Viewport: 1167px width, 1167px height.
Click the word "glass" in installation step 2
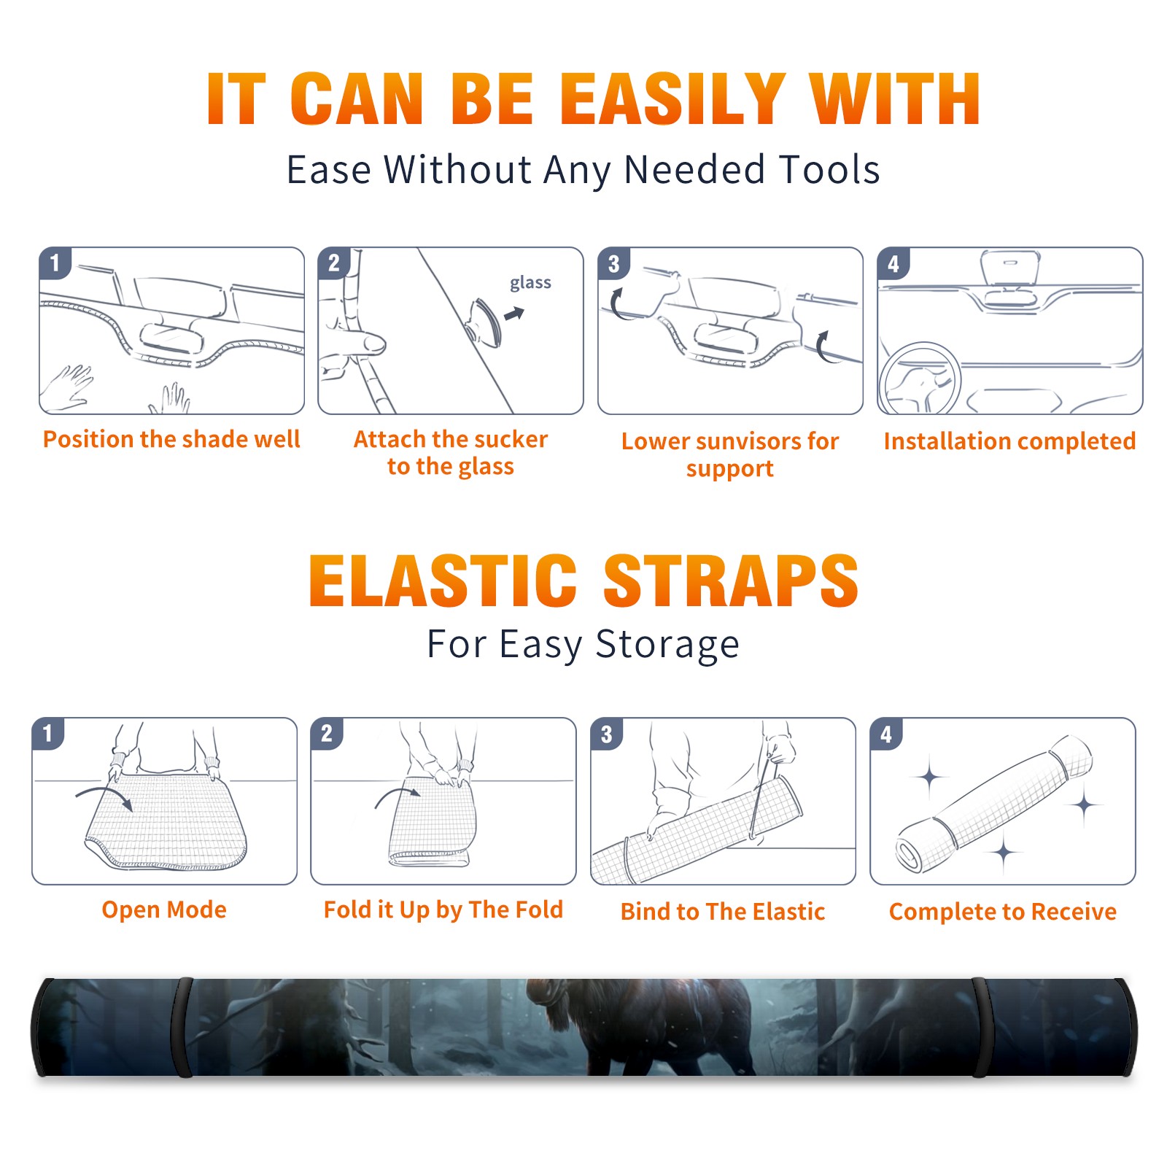[x=530, y=283]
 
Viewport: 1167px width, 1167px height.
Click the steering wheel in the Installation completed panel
[x=919, y=379]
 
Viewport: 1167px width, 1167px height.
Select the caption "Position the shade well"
[x=171, y=439]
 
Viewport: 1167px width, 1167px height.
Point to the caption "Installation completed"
[x=1009, y=441]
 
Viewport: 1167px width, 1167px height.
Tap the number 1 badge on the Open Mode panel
[x=48, y=733]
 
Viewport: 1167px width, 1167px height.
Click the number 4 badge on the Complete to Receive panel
[x=886, y=734]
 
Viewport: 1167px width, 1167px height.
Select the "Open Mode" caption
[x=164, y=910]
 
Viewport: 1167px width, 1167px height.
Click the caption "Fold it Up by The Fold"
[x=443, y=910]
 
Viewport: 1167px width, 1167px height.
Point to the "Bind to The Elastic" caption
[x=723, y=911]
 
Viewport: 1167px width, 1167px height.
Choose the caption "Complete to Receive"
[x=1003, y=911]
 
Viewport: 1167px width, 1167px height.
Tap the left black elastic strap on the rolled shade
[x=182, y=1027]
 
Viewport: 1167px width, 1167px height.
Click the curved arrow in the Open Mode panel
[x=104, y=796]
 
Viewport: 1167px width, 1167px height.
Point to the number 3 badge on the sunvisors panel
[x=613, y=263]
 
